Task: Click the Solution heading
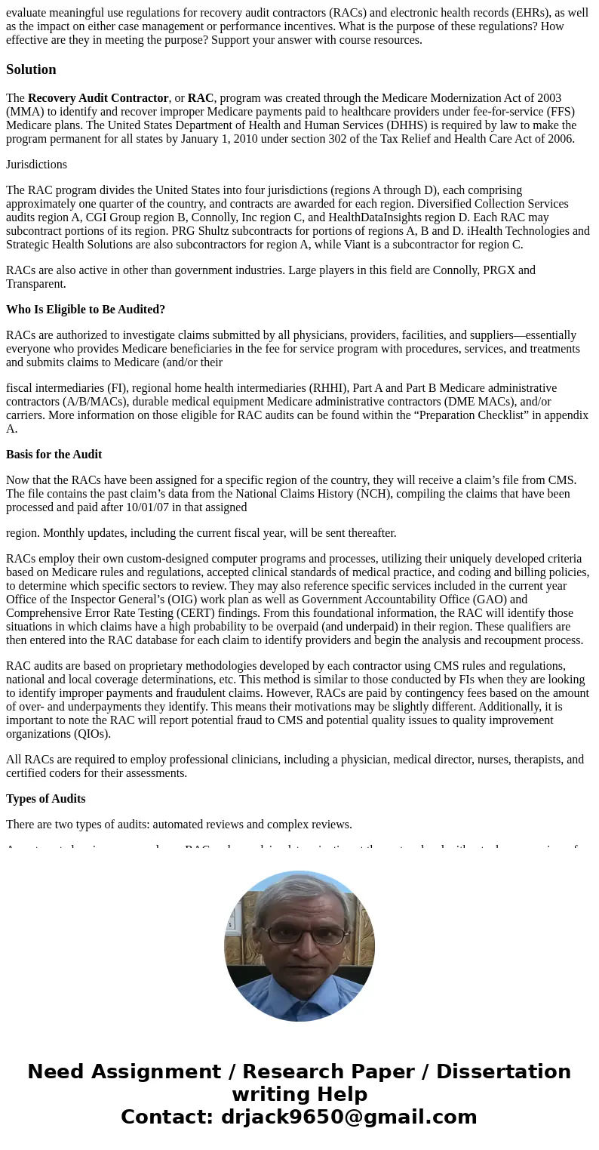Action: tap(31, 69)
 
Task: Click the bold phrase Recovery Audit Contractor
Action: tap(98, 98)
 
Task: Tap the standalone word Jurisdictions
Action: tap(36, 165)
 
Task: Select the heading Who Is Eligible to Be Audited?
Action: tap(85, 310)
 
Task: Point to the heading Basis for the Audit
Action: tap(54, 455)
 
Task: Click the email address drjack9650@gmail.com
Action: tap(349, 1117)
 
